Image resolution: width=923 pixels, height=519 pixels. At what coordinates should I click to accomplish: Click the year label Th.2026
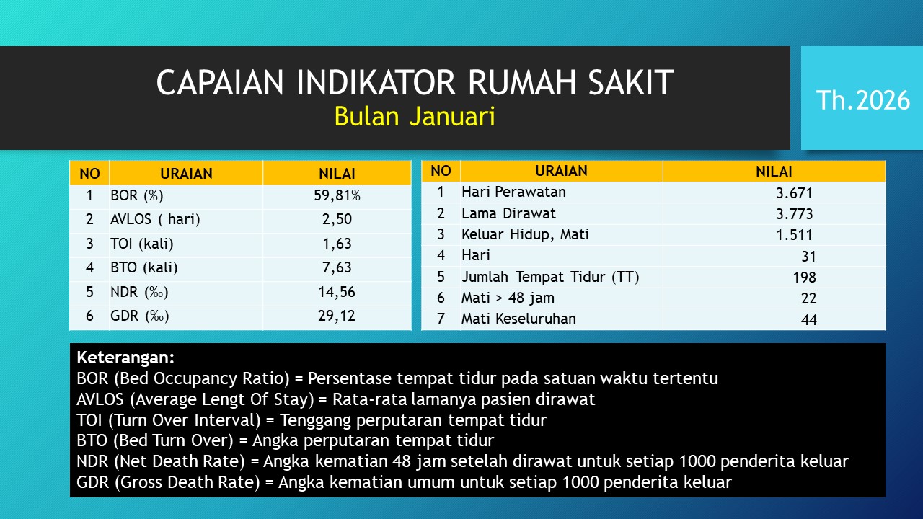coord(863,100)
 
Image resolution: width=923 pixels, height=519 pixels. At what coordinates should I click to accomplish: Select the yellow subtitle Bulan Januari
coord(415,116)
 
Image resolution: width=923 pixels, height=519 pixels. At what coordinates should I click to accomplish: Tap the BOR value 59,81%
coord(337,195)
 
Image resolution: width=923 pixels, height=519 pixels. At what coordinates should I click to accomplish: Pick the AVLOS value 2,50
coord(337,219)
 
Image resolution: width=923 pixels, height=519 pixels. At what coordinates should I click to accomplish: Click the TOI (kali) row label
coord(142,244)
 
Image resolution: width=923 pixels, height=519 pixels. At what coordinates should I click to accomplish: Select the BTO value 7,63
coord(337,267)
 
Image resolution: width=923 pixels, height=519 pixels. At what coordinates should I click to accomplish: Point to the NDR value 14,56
coord(337,292)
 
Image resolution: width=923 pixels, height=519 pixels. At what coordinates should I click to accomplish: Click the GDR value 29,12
coord(337,316)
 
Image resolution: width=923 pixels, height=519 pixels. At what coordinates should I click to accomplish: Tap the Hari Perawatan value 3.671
coord(795,193)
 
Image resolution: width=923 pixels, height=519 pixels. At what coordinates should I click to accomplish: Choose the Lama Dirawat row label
coord(508,213)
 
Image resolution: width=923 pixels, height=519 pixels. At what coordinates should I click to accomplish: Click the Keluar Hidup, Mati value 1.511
coord(795,235)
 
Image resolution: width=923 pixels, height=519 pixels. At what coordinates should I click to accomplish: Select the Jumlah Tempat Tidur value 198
coord(804,278)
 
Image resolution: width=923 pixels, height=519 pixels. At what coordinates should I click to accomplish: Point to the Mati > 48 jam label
coord(508,298)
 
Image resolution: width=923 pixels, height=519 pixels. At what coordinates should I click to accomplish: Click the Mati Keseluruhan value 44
coord(809,319)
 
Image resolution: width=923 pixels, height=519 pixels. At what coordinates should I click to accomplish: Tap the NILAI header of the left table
coord(337,174)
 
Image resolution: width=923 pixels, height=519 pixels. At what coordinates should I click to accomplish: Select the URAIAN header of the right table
coord(561,171)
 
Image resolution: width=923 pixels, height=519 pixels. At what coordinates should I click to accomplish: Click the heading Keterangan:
coord(125,358)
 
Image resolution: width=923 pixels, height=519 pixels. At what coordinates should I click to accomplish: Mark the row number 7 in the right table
coord(441,319)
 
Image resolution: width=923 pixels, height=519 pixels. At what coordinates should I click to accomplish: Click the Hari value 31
coord(808,257)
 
